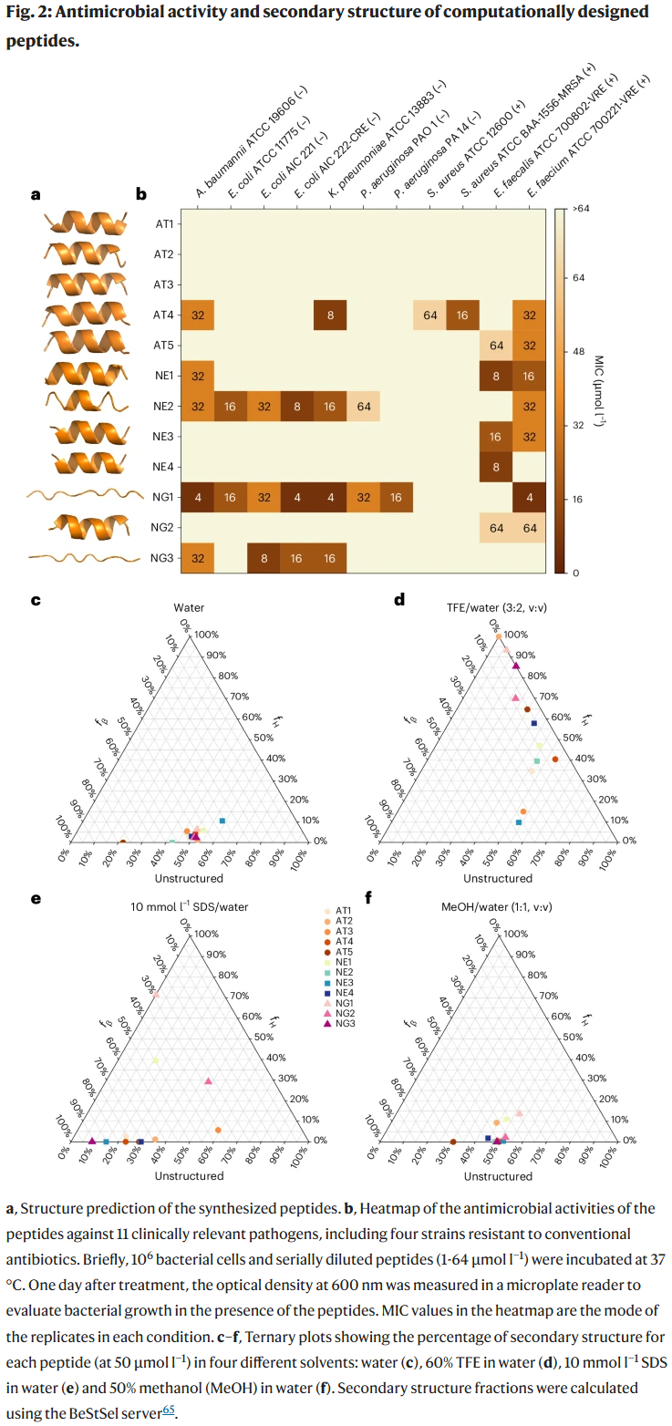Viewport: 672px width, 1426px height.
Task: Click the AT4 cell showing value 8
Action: tap(331, 315)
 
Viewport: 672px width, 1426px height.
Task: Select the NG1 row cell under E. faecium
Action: tap(530, 497)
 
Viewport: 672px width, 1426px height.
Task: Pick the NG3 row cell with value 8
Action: tap(264, 558)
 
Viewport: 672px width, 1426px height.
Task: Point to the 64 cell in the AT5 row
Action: tap(496, 346)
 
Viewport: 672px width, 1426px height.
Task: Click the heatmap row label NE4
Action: tap(163, 467)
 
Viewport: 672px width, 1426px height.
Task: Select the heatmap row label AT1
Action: tap(163, 223)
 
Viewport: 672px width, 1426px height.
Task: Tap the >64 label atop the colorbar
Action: tap(581, 209)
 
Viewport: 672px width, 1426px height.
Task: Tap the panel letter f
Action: tap(367, 898)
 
